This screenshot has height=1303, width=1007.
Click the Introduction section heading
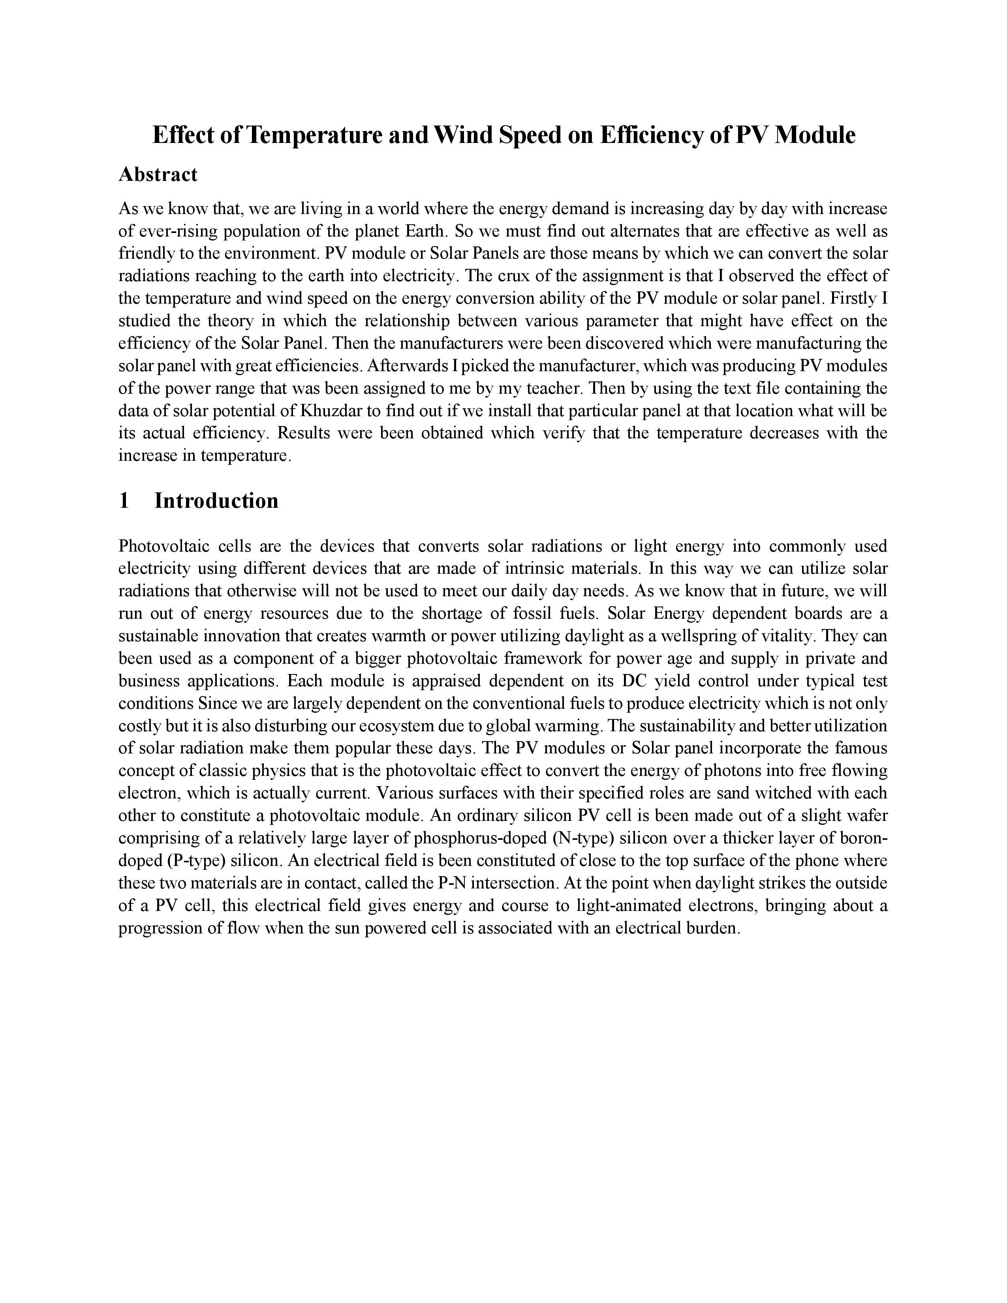pos(216,501)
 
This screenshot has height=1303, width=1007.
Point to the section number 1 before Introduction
pos(124,501)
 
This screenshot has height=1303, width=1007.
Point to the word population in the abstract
pos(278,231)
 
